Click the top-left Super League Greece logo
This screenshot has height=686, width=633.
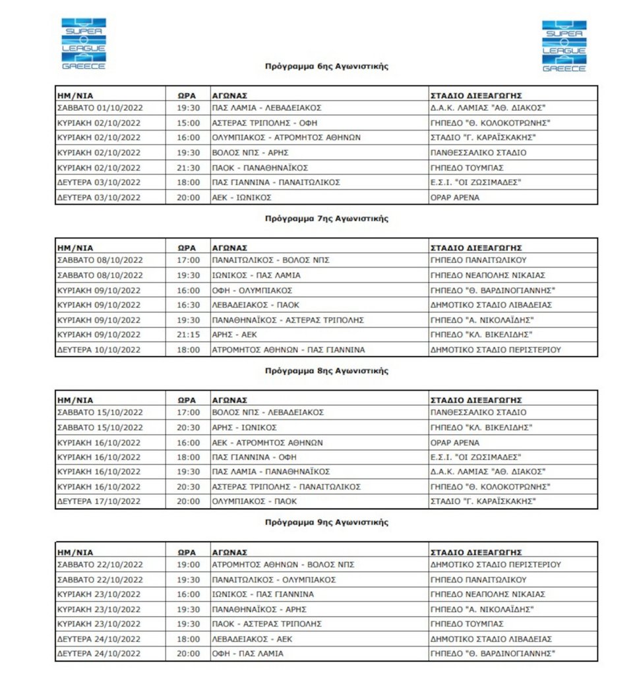click(83, 44)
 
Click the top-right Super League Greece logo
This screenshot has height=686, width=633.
click(564, 46)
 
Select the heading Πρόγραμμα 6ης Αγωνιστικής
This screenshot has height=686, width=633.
click(326, 67)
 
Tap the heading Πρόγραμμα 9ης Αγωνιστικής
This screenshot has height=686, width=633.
click(326, 523)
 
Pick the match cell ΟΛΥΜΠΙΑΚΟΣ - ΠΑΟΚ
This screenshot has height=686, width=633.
click(254, 501)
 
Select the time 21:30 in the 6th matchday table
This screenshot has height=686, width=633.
click(188, 167)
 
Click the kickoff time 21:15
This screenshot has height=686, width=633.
click(188, 335)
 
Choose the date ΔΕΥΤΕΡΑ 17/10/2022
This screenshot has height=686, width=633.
click(99, 501)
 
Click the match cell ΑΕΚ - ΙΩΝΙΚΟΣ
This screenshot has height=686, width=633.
click(241, 197)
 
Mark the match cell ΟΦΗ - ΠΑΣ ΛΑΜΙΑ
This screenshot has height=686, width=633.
click(247, 654)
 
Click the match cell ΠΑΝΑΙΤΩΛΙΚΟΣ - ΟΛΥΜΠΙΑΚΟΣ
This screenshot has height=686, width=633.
click(274, 580)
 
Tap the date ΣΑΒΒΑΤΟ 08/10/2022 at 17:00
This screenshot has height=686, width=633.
click(100, 260)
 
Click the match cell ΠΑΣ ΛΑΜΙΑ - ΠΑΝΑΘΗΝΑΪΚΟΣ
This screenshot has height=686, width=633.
click(270, 472)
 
